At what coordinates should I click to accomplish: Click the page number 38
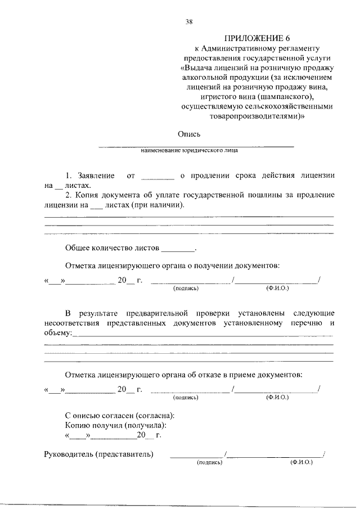coord(189,22)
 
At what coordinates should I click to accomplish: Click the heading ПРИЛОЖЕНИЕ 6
coord(257,38)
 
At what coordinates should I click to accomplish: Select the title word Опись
coord(189,134)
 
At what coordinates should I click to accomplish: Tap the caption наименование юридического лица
coord(189,151)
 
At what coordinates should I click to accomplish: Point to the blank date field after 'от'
coord(157,176)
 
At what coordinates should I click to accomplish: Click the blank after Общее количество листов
coord(178,247)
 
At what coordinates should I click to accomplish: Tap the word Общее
coord(80,247)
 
